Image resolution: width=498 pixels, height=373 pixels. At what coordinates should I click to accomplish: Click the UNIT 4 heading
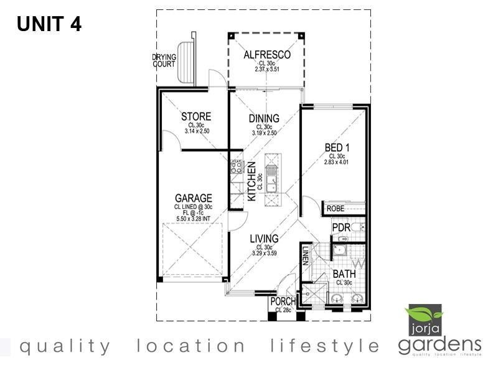click(x=49, y=24)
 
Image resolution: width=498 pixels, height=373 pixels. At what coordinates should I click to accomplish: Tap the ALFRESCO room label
click(x=267, y=55)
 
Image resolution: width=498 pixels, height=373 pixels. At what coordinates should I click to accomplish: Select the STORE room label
click(x=196, y=116)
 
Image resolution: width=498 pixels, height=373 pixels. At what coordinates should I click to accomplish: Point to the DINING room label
click(x=264, y=119)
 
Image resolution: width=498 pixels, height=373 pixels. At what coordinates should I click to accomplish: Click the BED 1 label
click(x=337, y=147)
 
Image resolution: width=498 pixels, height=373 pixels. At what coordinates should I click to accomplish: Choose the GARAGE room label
click(x=193, y=199)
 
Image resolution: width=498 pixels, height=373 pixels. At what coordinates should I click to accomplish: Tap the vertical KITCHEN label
click(x=252, y=181)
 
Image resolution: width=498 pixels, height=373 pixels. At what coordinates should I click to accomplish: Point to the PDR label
click(x=341, y=228)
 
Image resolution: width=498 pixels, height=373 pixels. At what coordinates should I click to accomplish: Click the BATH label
click(x=344, y=274)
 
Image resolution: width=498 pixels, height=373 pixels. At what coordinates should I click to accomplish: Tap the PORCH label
click(x=283, y=302)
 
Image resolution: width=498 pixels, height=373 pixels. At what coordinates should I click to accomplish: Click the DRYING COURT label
click(x=164, y=60)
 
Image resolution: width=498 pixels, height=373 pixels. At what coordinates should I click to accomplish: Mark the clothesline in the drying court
click(x=186, y=62)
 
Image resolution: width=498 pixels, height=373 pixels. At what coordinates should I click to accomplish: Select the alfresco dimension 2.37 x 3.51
click(x=267, y=69)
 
